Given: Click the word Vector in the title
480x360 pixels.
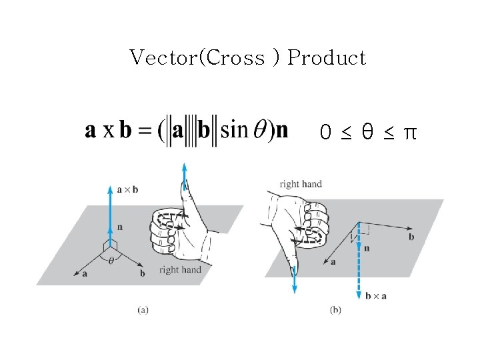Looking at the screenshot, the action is coord(160,58).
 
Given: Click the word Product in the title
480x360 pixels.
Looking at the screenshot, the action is coord(327,58).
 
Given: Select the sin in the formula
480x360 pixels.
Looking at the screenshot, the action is coord(233,129).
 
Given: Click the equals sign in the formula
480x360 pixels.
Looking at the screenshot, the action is coord(144,131).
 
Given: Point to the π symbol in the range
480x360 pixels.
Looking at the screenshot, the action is coord(411,133).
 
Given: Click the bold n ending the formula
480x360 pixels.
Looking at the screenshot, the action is coord(281,130).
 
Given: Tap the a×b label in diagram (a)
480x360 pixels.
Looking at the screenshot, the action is coord(127,189).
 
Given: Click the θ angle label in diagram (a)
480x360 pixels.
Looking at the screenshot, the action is coord(111,261).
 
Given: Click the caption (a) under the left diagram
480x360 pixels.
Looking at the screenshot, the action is coord(143,309).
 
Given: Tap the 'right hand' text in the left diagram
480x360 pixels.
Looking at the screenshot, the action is coord(180,269).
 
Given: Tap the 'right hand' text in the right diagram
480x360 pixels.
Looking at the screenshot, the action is coord(301,184).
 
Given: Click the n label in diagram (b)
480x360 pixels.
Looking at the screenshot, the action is coord(367,248).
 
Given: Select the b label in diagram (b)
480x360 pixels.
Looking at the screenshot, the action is coord(411,237).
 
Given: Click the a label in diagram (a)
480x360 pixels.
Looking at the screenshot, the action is coord(85,274).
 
